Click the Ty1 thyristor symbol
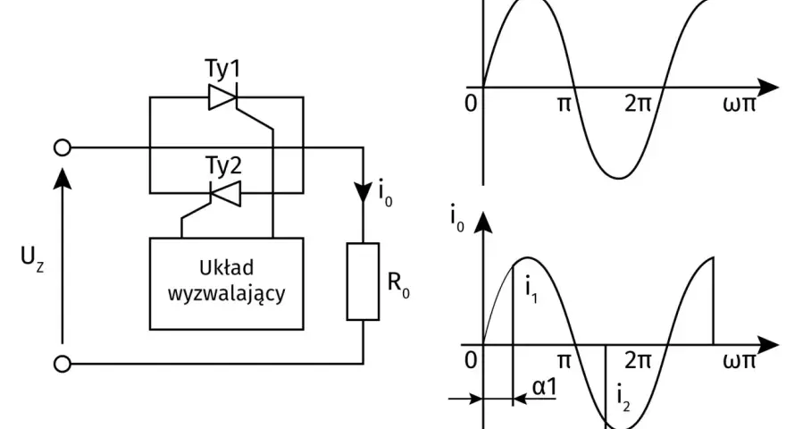coord(222,97)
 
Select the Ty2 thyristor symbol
coord(225,194)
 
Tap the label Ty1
coord(223,69)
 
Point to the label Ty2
coord(223,165)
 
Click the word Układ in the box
coord(226,268)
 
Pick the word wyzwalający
coord(226,293)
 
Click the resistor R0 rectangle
coord(363,282)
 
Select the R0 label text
coord(398,283)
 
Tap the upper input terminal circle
coord(63,147)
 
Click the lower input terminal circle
coord(63,364)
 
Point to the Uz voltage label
coord(32,258)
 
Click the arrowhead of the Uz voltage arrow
coord(63,179)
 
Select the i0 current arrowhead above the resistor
coord(364,192)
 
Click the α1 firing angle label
coord(544,387)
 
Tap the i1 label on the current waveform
coord(531,290)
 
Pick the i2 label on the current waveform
coord(623,399)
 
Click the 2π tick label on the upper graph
coord(638,104)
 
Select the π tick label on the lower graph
coord(564,361)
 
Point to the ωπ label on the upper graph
coord(740,104)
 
